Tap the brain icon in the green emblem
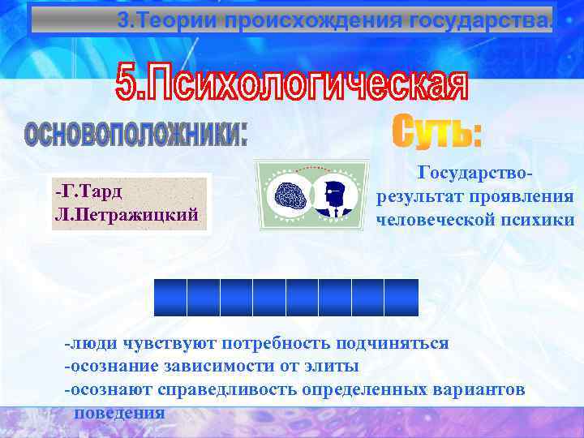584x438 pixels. (290, 195)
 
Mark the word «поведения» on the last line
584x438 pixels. (120, 412)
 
